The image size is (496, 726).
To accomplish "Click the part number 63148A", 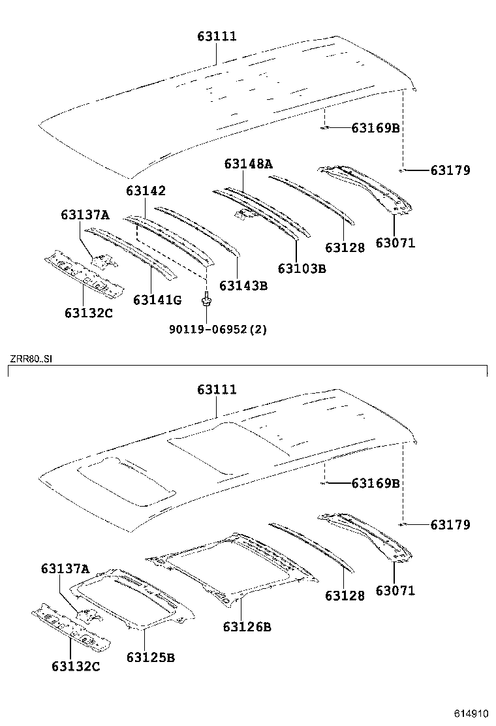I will [x=248, y=164].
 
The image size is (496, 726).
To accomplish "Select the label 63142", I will [x=146, y=191].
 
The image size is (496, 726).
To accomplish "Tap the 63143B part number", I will [x=244, y=285].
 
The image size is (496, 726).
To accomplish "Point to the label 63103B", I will [x=302, y=268].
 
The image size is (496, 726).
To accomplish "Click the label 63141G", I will [x=157, y=300].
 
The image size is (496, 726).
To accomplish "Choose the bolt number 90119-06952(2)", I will [x=218, y=329].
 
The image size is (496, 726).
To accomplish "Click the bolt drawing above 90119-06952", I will [x=206, y=300].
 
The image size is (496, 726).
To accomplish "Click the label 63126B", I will [x=247, y=627].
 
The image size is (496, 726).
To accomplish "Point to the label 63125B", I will [x=150, y=657].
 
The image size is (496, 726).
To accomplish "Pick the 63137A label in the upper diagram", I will [x=85, y=215].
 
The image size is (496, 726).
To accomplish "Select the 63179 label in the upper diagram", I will [x=450, y=170].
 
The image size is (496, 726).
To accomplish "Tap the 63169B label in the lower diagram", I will [x=375, y=483].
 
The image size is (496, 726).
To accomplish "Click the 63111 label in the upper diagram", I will [x=217, y=37].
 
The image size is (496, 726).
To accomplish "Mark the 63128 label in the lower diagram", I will [x=345, y=595].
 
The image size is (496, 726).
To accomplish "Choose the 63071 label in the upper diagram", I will [x=395, y=243].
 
